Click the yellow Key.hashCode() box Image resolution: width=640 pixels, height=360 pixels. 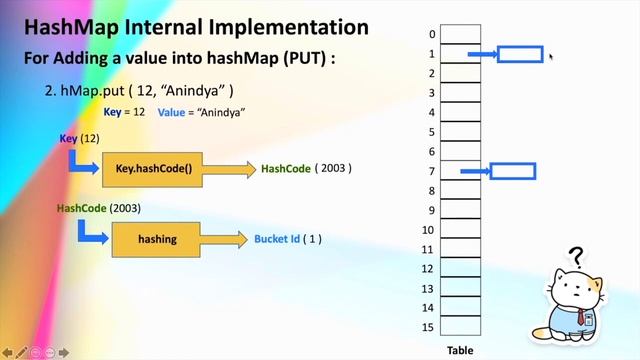(153, 169)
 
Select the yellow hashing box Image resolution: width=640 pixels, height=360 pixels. (157, 240)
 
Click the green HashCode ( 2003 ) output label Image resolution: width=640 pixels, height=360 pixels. (306, 169)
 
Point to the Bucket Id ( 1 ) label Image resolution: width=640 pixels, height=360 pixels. (287, 240)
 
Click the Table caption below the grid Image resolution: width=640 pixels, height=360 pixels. (459, 350)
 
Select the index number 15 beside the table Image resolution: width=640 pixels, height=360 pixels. (429, 327)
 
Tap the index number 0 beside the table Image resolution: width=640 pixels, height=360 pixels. (432, 34)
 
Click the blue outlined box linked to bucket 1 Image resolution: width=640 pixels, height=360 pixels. (520, 54)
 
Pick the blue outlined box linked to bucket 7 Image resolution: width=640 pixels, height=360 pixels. (512, 172)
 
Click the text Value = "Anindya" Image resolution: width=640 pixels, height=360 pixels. (201, 113)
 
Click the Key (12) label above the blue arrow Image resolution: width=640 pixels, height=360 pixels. (79, 138)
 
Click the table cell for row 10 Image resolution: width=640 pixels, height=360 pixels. (460, 230)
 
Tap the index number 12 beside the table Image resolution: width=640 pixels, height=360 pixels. (429, 269)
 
